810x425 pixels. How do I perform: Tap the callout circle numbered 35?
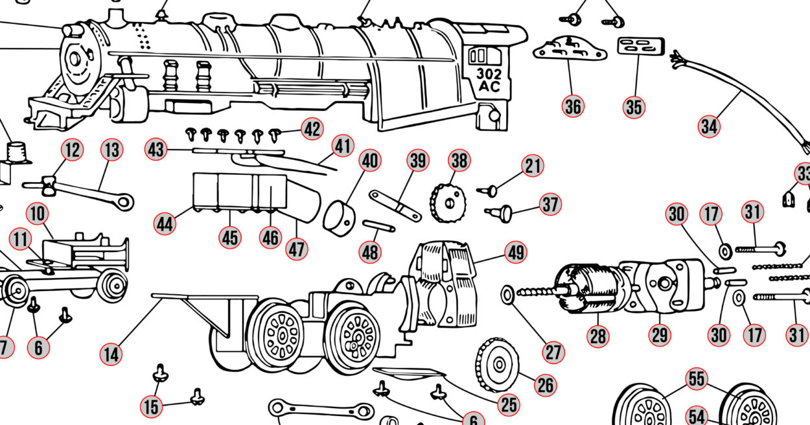pos(634,107)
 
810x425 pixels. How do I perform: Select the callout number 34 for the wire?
pos(709,126)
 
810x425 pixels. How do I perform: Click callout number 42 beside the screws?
pos(312,130)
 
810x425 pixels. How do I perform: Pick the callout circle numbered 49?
pos(516,253)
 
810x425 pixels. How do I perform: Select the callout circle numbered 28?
pos(598,335)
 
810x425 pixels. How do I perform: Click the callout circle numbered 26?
pos(546,385)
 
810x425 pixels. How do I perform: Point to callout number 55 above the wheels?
pos(697,380)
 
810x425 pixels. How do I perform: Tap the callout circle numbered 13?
pos(111,150)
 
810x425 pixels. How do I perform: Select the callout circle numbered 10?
pos(38,213)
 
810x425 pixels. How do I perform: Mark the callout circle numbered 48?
pos(370,251)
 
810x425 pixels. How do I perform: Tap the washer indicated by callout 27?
pos(507,295)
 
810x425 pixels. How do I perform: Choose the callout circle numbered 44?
pos(165,224)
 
